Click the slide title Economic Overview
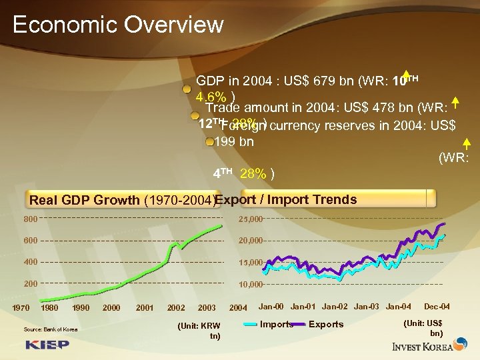pos(118,25)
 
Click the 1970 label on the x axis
pos(21,307)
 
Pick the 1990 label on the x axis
pos(81,307)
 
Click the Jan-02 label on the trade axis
pos(335,307)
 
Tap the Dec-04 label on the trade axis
pos(437,307)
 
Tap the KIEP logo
pos(47,345)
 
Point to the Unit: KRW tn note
pos(200,331)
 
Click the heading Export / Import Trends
pos(286,199)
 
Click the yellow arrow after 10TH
pos(405,74)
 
